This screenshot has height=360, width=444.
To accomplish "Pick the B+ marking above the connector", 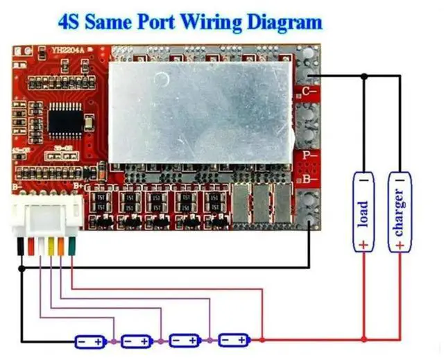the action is coord(78,185).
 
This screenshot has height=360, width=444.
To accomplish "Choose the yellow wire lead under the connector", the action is coord(51,246).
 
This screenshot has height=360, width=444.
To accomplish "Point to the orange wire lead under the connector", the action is coord(61,246).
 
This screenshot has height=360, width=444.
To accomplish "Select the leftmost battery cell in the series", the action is coord(91,341).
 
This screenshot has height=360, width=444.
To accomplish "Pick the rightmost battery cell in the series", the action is coord(234,341).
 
